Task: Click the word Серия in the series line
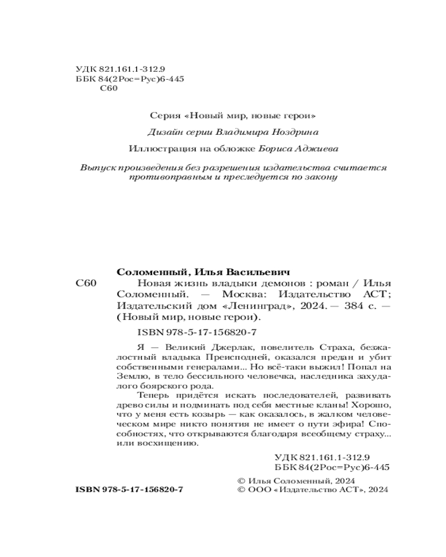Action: (x=165, y=116)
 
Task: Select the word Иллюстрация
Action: (x=157, y=149)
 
